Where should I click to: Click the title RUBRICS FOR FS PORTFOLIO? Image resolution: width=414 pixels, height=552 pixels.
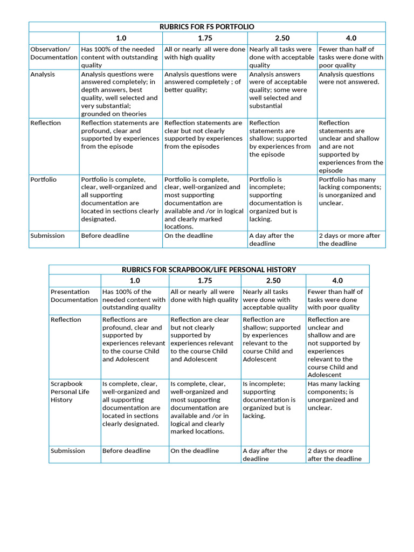(x=207, y=26)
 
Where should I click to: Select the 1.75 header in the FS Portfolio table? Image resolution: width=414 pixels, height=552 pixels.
(x=205, y=38)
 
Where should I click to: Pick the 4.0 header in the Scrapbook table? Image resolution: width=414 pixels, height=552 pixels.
(x=337, y=280)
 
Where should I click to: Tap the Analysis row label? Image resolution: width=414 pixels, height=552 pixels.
(x=43, y=74)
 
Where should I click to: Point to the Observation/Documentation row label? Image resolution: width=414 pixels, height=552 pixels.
(x=54, y=53)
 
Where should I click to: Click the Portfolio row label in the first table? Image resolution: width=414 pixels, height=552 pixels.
(x=44, y=180)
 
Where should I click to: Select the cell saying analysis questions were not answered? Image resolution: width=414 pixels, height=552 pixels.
(x=349, y=78)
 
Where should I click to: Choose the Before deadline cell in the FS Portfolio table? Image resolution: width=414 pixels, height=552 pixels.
(x=105, y=236)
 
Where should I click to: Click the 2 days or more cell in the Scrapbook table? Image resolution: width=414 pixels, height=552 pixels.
(x=334, y=454)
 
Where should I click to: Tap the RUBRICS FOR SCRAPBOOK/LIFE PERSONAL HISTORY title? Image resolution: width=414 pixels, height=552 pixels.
(x=209, y=269)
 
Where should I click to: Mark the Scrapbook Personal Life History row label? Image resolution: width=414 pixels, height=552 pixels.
(x=70, y=392)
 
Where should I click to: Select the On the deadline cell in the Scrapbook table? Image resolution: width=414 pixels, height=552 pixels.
(x=195, y=451)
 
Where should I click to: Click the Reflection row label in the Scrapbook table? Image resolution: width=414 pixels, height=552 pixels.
(x=66, y=320)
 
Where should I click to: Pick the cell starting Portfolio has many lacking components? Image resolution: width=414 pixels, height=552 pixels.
(x=350, y=191)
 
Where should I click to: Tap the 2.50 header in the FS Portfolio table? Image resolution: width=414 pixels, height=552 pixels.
(x=281, y=38)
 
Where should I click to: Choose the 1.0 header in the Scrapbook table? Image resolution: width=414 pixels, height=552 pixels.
(x=135, y=280)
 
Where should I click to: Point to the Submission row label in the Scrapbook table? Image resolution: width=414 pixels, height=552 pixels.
(x=68, y=451)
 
